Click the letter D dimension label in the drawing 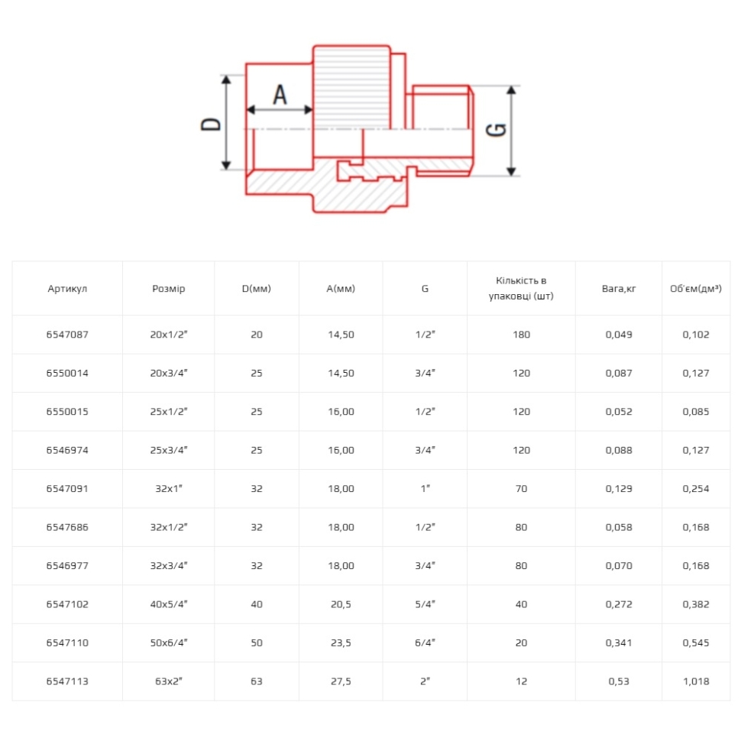tap(211, 124)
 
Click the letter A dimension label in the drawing tap(280, 95)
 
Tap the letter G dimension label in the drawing tap(497, 130)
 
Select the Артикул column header tap(67, 288)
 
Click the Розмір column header tap(169, 288)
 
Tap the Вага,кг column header tap(619, 288)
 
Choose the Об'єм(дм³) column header tap(696, 288)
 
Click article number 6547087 tap(67, 335)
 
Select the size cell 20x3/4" tap(169, 374)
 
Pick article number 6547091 tap(67, 489)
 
